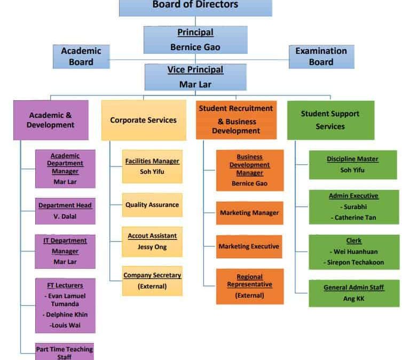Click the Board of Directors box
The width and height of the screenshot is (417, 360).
[x=195, y=8]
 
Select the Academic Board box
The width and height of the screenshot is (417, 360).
[x=81, y=57]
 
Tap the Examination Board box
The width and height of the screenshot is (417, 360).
[x=321, y=57]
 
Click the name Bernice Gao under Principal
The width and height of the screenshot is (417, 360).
[x=195, y=47]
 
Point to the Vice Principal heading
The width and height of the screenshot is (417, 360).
[x=195, y=70]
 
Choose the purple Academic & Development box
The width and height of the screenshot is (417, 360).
[x=51, y=120]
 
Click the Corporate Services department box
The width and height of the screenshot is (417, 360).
[x=144, y=120]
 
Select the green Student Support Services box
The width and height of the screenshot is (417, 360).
[x=331, y=120]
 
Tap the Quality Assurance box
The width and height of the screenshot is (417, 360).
[x=152, y=205]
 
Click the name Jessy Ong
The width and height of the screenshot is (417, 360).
[x=152, y=247]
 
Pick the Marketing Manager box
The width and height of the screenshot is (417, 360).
[x=249, y=213]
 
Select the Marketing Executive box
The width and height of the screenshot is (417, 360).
[x=249, y=246]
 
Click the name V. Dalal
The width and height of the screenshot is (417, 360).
[x=65, y=217]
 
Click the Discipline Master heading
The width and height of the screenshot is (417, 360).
[x=352, y=159]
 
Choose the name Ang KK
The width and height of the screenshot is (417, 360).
[x=353, y=299]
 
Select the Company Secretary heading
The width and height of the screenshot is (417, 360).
[x=152, y=275]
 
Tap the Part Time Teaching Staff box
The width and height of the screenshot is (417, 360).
[x=65, y=351]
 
